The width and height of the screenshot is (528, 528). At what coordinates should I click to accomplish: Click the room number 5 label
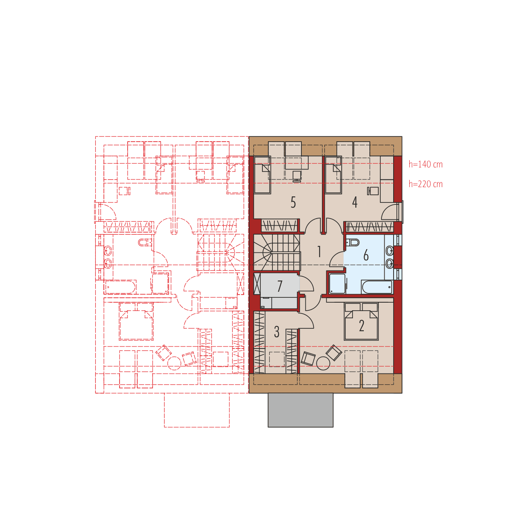pyautogui.click(x=293, y=202)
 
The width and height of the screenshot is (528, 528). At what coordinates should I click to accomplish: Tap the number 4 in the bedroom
pyautogui.click(x=355, y=202)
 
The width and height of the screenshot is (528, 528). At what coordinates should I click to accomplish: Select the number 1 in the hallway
pyautogui.click(x=319, y=252)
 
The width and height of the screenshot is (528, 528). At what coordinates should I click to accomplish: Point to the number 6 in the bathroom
pyautogui.click(x=366, y=255)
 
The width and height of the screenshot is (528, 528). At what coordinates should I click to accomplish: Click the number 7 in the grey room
pyautogui.click(x=280, y=286)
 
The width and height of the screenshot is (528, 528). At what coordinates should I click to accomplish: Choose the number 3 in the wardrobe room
pyautogui.click(x=276, y=332)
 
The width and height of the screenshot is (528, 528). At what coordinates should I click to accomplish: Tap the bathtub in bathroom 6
pyautogui.click(x=377, y=287)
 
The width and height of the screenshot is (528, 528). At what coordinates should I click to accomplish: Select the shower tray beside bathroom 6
pyautogui.click(x=337, y=284)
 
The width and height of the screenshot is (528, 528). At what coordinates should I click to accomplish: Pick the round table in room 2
pyautogui.click(x=323, y=363)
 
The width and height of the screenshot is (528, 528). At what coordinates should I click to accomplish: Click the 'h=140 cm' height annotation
pyautogui.click(x=426, y=164)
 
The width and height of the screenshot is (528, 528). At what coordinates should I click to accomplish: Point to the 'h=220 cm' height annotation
pyautogui.click(x=426, y=184)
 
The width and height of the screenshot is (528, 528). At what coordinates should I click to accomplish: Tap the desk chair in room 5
pyautogui.click(x=297, y=176)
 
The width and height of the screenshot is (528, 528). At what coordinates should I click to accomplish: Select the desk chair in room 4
pyautogui.click(x=373, y=190)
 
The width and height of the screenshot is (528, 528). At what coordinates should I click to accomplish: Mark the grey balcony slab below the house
pyautogui.click(x=301, y=410)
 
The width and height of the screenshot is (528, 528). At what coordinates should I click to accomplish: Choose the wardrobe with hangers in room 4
pyautogui.click(x=369, y=227)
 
